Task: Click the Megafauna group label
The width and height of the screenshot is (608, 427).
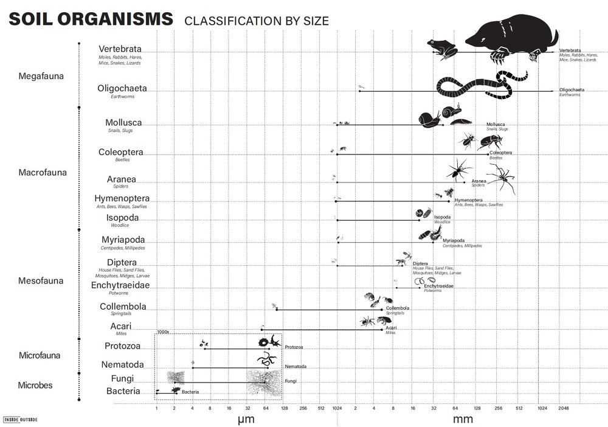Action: pos(41,77)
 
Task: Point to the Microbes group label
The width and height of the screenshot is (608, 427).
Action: pos(35,385)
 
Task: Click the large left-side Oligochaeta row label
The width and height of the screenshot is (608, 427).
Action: pos(122,88)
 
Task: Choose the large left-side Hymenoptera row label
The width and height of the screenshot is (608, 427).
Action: pos(122,198)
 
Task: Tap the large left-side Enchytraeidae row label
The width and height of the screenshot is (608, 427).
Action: pos(120,285)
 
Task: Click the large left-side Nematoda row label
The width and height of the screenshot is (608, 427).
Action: pos(123,365)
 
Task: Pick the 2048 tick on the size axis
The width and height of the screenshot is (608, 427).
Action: pos(563,408)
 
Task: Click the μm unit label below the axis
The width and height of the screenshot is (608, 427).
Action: pos(246,419)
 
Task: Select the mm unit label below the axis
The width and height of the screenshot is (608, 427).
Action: pos(463,419)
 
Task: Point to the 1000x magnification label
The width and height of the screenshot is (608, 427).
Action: pos(162,332)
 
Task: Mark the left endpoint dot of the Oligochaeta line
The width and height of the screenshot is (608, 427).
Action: pos(359,92)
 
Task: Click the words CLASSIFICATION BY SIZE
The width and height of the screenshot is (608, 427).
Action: pos(256,21)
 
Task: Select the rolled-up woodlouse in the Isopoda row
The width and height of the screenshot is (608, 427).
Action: pos(419,213)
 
